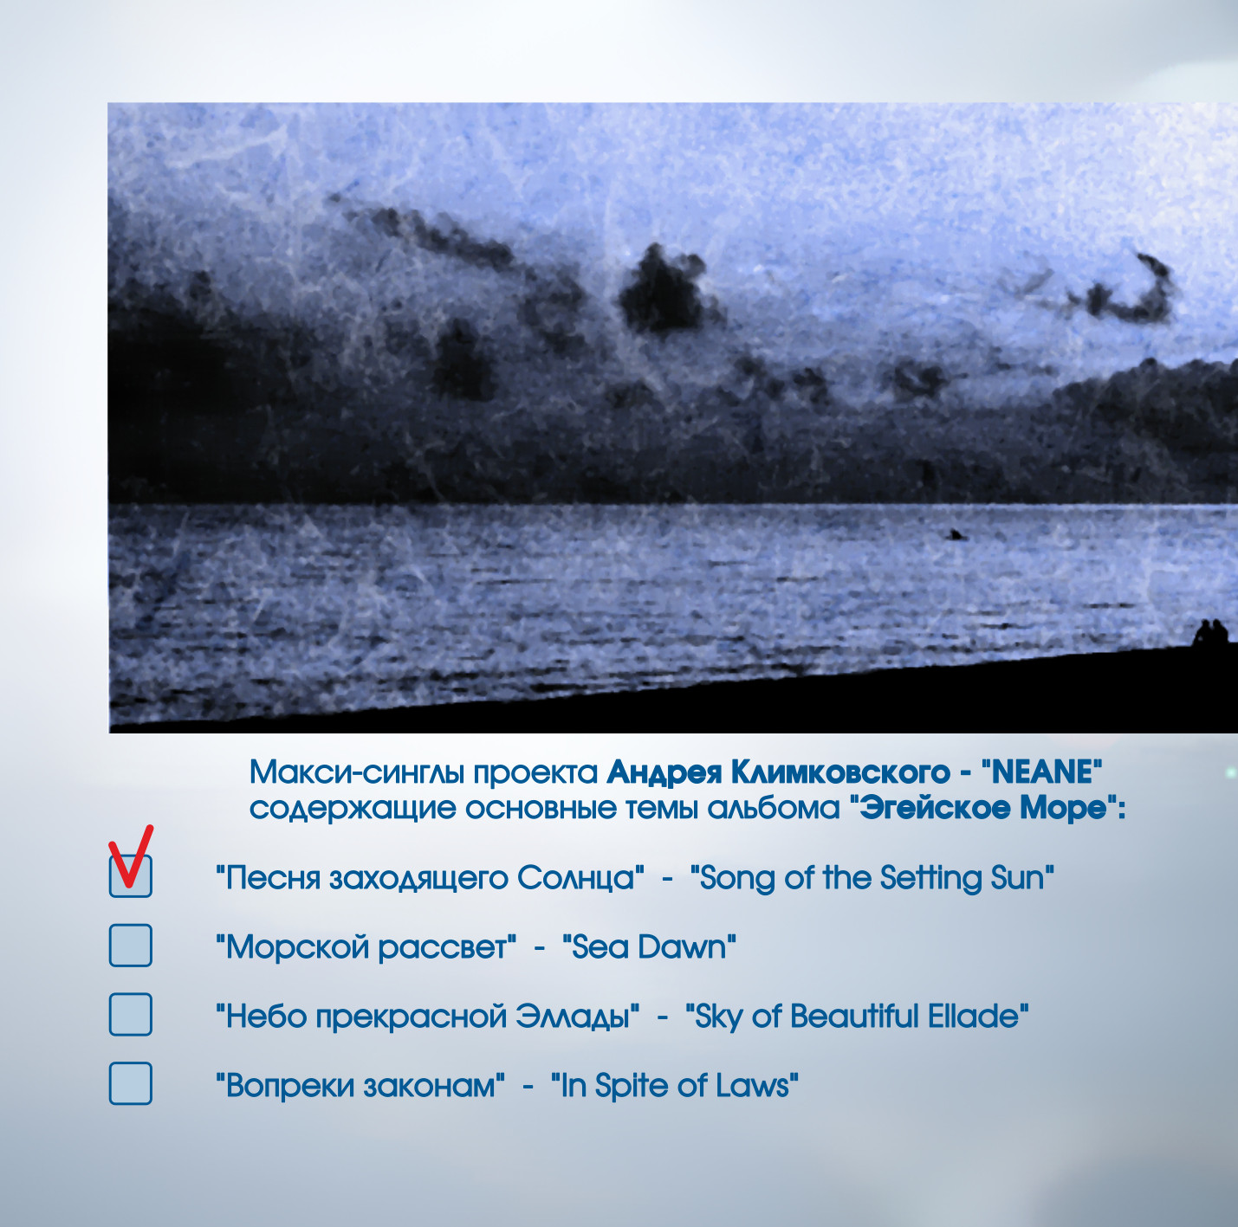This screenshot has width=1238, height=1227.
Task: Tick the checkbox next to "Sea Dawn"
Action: tap(131, 946)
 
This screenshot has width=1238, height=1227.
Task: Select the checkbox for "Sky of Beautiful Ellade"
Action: tap(131, 1014)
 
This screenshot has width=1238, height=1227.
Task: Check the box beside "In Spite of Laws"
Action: tap(131, 1084)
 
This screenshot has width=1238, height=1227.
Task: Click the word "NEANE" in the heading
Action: tap(1042, 772)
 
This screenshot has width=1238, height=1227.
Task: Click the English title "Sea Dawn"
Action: tap(649, 947)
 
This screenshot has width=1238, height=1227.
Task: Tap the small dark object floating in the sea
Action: tap(956, 534)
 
